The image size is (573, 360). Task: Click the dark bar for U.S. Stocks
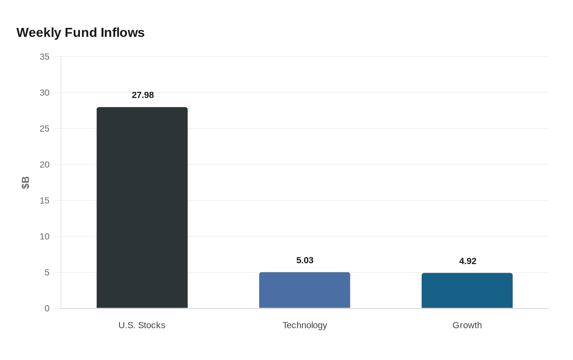coord(142,208)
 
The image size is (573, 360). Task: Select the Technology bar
coord(305,290)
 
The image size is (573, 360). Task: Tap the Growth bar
coord(467,290)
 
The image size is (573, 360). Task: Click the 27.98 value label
coord(143,95)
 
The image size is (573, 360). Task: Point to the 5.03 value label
coord(305,260)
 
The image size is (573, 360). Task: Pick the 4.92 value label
coord(467,261)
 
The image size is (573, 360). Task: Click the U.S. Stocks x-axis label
coord(142,325)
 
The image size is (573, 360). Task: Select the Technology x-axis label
coord(305,325)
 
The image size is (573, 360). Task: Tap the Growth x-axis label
coord(467,325)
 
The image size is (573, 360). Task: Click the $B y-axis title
coord(25,182)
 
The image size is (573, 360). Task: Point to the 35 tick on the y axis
coord(45,57)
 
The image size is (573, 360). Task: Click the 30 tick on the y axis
coord(45,93)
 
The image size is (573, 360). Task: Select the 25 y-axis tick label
coord(45,129)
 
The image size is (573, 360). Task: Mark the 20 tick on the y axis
coord(45,165)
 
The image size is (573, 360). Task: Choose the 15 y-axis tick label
coord(45,201)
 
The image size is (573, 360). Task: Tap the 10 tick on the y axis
coord(45,237)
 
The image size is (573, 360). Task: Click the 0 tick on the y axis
coord(47,308)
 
